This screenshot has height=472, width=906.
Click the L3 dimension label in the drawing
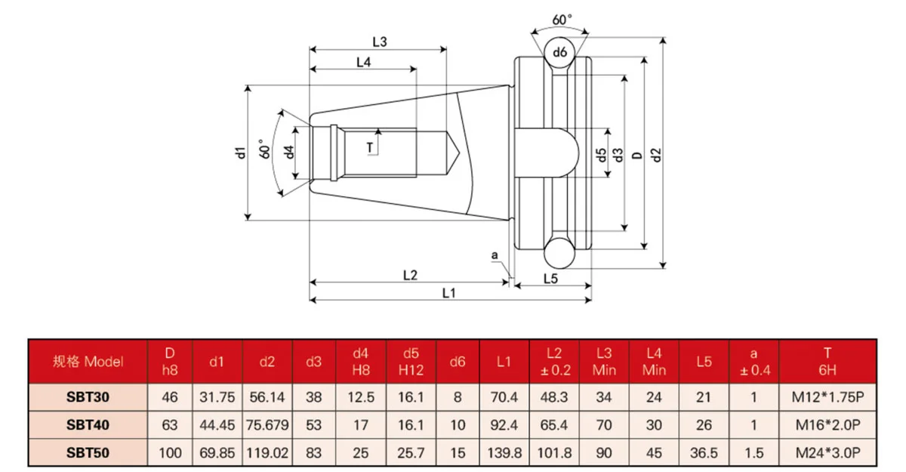379,42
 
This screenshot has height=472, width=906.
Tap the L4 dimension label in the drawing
363,63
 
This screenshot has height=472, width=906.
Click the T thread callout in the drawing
370,146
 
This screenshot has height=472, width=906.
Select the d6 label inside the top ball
559,52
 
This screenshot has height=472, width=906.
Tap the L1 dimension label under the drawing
448,292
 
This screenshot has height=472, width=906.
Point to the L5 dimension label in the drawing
550,279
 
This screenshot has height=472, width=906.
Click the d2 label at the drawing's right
655,153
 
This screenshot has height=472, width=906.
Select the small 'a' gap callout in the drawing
495,256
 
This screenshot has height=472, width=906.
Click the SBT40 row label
88,425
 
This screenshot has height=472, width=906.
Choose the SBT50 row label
88,452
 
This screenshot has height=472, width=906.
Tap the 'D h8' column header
170,361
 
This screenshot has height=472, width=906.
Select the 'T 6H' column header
827,361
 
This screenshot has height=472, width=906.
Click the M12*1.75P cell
827,397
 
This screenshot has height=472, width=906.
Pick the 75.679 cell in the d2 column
267,425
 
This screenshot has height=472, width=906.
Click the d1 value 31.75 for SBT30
217,397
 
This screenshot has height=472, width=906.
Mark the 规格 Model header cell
88,361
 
